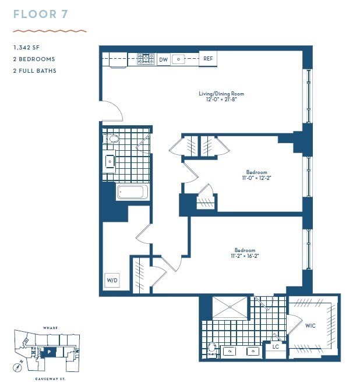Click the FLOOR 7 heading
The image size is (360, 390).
(x=41, y=15)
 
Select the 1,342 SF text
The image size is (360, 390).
(x=27, y=48)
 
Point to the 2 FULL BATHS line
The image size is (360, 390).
(x=35, y=71)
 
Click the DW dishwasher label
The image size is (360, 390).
(x=163, y=59)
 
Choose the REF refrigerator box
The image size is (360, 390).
(x=207, y=59)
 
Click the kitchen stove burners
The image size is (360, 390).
(x=146, y=58)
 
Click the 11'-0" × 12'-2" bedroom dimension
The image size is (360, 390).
(x=256, y=178)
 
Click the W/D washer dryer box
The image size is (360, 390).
(x=112, y=281)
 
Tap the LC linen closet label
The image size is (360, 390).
(x=276, y=348)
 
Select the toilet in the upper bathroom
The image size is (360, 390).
(x=112, y=139)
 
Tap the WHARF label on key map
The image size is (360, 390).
(x=50, y=328)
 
